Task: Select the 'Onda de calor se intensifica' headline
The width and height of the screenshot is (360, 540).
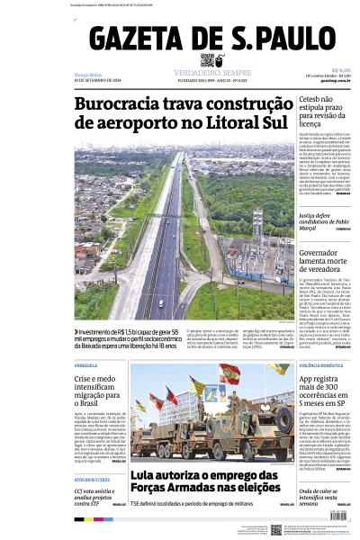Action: tap(324, 495)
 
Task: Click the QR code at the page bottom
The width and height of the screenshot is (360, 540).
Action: tap(276, 530)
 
